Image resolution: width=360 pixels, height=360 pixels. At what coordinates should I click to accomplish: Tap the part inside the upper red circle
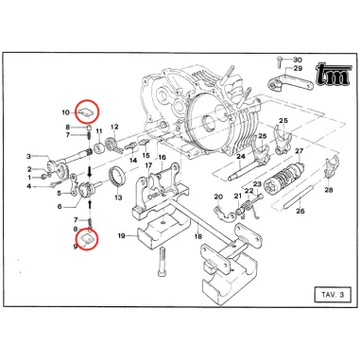pos(87,111)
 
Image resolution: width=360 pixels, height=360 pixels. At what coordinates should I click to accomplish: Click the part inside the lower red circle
pos(87,240)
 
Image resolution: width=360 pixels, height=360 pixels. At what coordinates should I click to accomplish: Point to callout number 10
pos(65,111)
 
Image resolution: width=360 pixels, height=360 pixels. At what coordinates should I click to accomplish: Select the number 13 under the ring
pos(117,197)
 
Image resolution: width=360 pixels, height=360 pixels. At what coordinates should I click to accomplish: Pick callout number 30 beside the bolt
pos(297,59)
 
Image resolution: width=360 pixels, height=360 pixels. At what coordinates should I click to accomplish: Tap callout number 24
pos(242,155)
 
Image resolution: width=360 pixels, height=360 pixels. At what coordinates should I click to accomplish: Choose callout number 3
pos(30,156)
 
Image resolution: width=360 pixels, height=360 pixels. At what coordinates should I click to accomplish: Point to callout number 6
pos(60,206)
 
